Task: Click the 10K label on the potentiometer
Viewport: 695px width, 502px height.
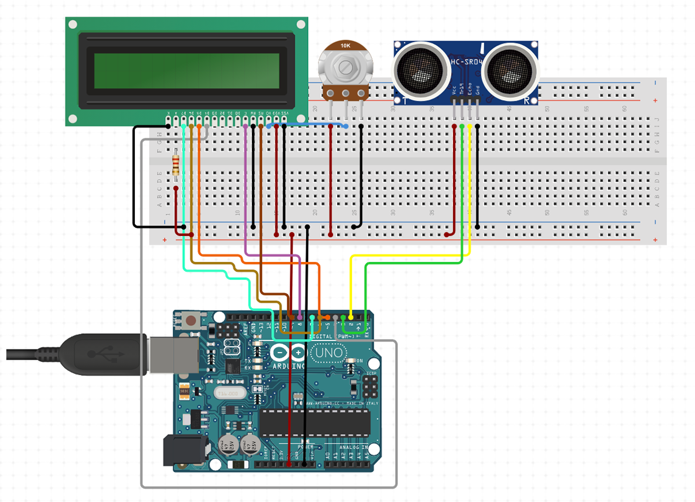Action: click(345, 45)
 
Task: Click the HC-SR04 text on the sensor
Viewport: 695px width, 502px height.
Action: click(463, 61)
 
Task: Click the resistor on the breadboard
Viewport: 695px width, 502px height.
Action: click(176, 163)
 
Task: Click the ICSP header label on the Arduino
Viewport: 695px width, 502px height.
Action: click(371, 373)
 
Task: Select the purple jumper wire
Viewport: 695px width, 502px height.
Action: click(246, 191)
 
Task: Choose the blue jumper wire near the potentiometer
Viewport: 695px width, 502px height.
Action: click(307, 123)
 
